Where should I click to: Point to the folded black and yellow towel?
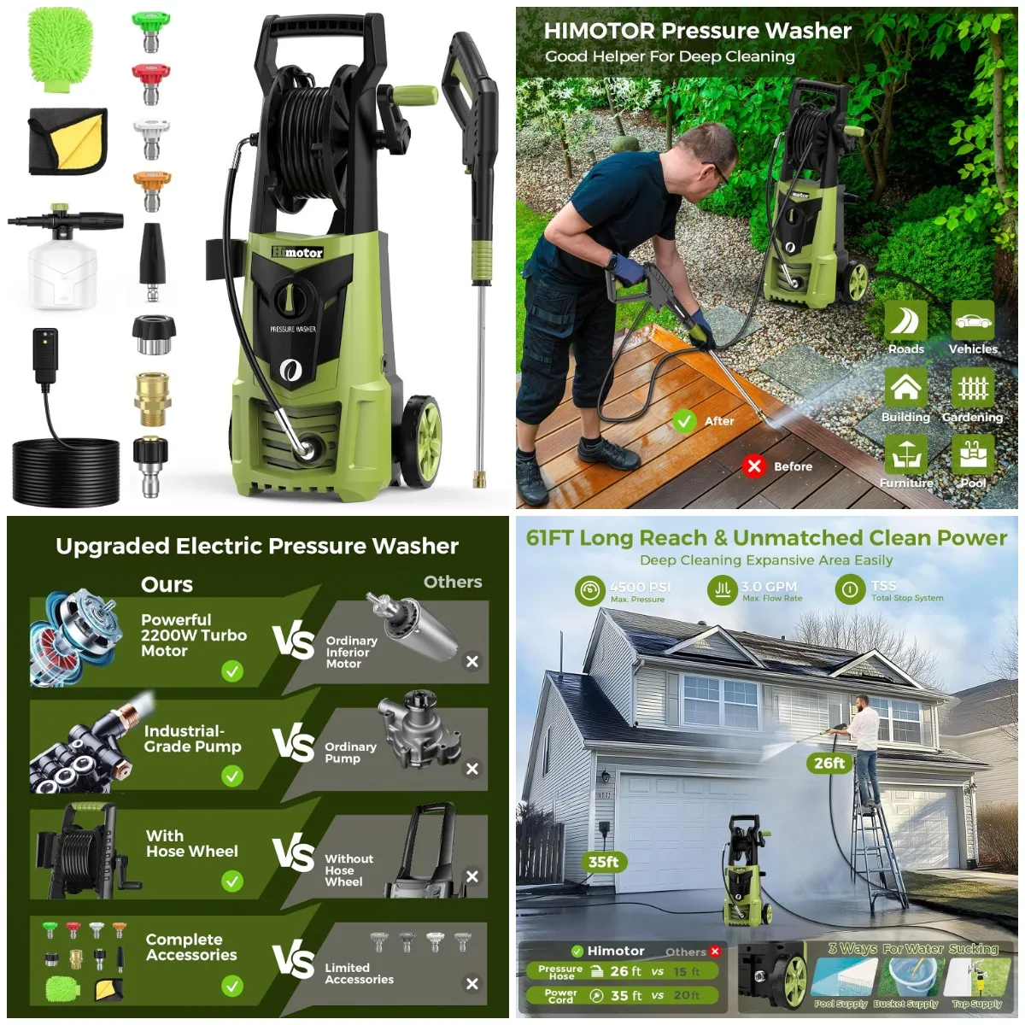click(68, 141)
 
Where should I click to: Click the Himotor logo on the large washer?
click(297, 252)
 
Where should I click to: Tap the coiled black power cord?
click(66, 471)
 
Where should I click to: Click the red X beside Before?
click(753, 466)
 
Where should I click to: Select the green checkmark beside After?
click(683, 420)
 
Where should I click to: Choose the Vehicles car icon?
click(972, 321)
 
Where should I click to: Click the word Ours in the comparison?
click(167, 584)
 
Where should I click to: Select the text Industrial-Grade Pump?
click(192, 739)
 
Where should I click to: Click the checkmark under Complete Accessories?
click(232, 987)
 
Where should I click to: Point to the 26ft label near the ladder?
click(829, 763)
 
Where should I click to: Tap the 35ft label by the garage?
click(603, 862)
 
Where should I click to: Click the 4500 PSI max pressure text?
click(640, 588)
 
